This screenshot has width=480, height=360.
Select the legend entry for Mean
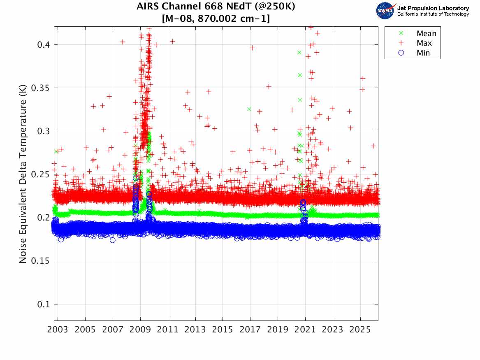tap(426, 33)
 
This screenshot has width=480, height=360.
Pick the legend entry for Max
tap(424, 43)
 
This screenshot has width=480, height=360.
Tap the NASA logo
tap(385, 11)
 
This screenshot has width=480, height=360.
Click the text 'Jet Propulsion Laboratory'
tap(433, 8)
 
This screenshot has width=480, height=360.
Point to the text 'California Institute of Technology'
tap(433, 14)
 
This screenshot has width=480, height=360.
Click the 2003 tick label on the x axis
tap(58, 330)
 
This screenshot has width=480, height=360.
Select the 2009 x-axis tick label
tap(140, 330)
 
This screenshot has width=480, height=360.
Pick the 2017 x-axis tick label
tap(250, 330)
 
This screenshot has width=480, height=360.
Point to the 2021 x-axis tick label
tap(305, 330)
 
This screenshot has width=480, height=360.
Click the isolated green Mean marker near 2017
tap(249, 109)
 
